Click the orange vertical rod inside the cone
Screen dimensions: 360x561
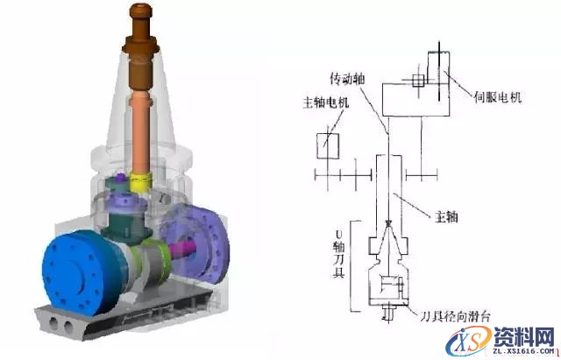[142, 123]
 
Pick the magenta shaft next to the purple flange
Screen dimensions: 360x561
[180, 251]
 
